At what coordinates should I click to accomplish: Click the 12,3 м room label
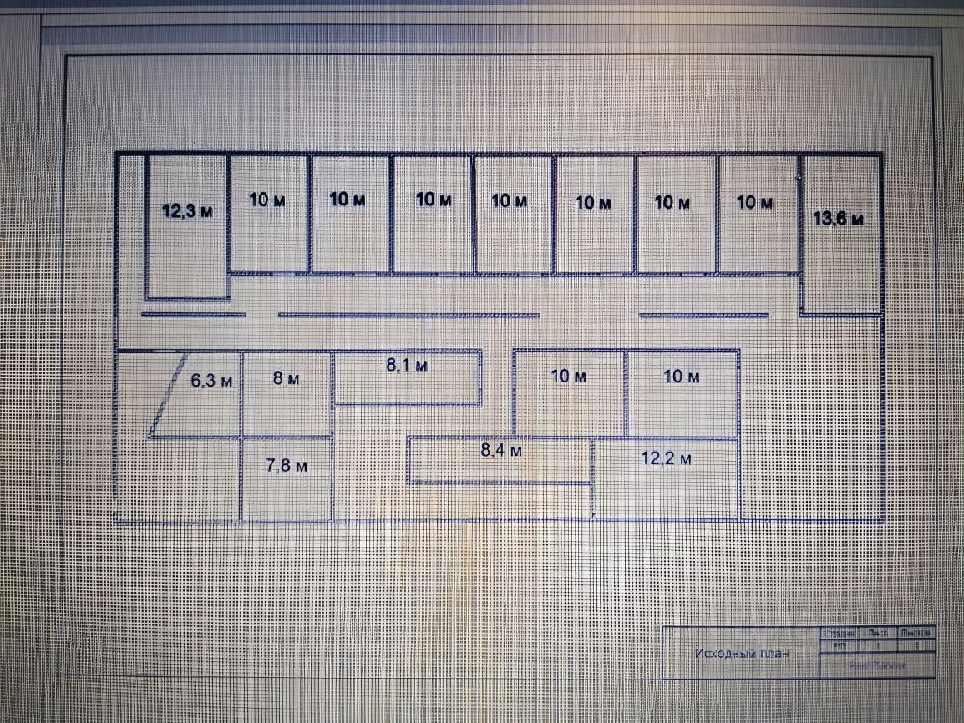(x=187, y=210)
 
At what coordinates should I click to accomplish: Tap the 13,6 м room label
(x=838, y=219)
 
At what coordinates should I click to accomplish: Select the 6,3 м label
(x=211, y=382)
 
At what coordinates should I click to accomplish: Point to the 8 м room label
(x=287, y=378)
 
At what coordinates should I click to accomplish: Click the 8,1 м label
(x=407, y=365)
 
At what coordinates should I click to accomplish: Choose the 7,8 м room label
(x=287, y=466)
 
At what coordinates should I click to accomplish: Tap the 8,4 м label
(x=501, y=450)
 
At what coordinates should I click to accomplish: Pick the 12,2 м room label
(x=667, y=458)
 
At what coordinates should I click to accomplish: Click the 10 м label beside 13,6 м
(x=755, y=202)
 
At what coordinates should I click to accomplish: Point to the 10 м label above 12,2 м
(x=682, y=377)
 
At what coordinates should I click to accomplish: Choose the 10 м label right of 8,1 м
(x=569, y=377)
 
